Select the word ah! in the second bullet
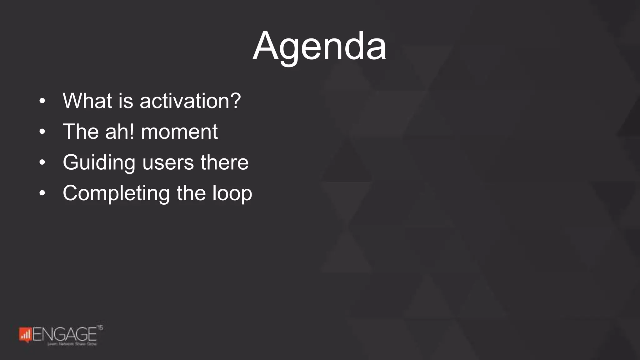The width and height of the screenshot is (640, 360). tap(120, 132)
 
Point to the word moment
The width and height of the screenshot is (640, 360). tap(179, 132)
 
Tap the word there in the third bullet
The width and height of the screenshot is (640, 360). tap(224, 162)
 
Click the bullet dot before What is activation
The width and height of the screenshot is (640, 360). tap(42, 101)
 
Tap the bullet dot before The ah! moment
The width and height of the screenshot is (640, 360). tap(42, 132)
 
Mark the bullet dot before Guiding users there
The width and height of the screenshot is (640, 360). tap(42, 162)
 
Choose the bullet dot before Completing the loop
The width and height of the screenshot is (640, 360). tap(42, 193)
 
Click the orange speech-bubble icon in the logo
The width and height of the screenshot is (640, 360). tap(25, 335)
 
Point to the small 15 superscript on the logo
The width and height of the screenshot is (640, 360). tap(100, 327)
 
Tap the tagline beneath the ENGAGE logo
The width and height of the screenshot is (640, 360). tap(72, 344)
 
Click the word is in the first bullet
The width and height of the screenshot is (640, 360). tap(126, 101)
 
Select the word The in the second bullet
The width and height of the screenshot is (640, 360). tap(81, 132)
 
